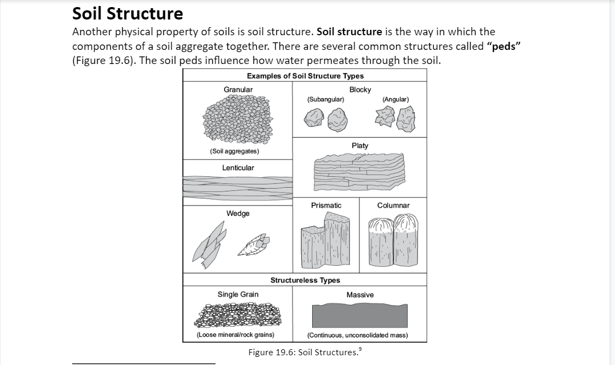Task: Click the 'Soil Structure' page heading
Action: tap(128, 13)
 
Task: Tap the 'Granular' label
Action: tap(238, 89)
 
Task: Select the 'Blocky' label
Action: tap(360, 89)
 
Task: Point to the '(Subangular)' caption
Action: tap(325, 99)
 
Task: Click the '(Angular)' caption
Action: tap(395, 99)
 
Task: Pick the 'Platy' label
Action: tap(360, 145)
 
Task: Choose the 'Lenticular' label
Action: tap(238, 168)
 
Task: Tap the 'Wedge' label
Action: tap(238, 213)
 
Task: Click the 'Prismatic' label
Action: tap(326, 205)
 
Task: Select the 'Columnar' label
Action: tap(394, 205)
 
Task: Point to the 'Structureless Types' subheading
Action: tap(305, 280)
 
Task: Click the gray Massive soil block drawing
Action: tap(359, 316)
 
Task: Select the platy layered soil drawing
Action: tap(359, 172)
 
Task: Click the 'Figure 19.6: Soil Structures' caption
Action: tap(305, 352)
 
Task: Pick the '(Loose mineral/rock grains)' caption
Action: tap(235, 335)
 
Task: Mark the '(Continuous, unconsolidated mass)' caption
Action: tap(357, 335)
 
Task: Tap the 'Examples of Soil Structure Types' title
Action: tap(305, 76)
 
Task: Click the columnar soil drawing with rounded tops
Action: tap(394, 241)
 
